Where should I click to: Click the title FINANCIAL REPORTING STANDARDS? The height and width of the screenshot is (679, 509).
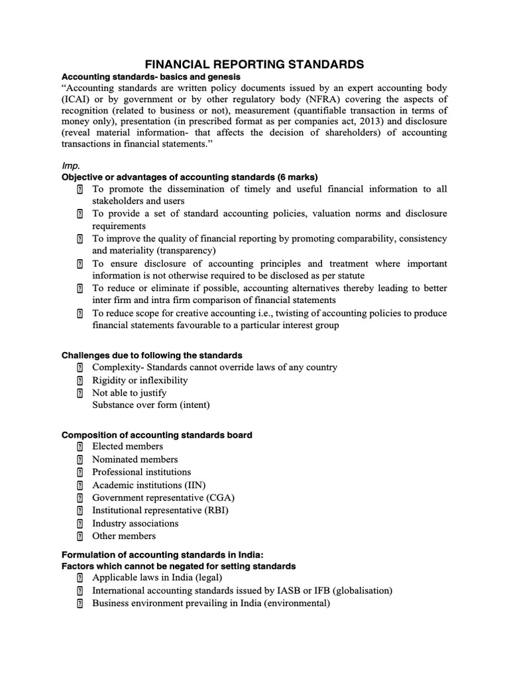tap(254, 64)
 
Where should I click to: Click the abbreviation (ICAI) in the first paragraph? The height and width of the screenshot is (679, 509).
tap(78, 99)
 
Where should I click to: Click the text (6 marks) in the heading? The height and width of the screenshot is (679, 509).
tap(296, 177)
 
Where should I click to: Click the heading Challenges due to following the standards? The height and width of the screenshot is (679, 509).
tap(152, 355)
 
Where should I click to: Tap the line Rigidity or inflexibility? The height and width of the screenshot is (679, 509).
tap(140, 380)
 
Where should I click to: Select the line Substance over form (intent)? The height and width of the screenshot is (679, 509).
tap(151, 404)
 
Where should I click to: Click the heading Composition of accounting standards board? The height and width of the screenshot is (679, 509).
tap(156, 435)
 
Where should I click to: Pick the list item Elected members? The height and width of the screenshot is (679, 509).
tap(127, 446)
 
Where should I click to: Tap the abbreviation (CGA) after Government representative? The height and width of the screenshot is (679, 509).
tap(219, 497)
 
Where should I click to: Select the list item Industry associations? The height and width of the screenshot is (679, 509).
tap(135, 523)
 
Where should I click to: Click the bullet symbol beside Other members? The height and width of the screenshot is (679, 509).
tap(80, 536)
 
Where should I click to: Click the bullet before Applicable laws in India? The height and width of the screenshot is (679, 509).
tap(80, 578)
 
